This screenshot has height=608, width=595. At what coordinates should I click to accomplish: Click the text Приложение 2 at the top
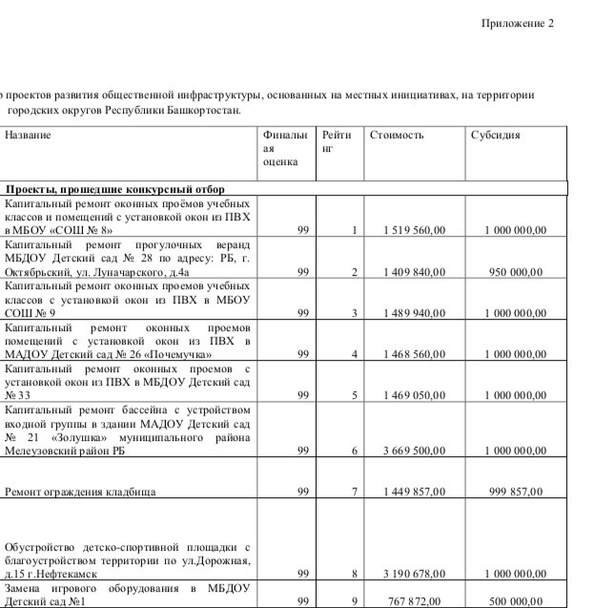517,23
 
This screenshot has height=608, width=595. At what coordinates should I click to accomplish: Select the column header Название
28,136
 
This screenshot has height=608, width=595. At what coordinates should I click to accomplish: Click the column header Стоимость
397,136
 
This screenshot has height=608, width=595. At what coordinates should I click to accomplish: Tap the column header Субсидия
496,136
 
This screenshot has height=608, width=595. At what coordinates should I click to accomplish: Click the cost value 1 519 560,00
415,231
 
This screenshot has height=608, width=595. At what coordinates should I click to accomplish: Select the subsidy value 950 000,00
516,272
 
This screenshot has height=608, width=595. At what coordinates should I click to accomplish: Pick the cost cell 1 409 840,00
415,272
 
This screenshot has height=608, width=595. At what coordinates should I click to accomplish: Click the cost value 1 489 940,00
415,313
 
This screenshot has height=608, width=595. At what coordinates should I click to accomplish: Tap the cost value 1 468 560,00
415,354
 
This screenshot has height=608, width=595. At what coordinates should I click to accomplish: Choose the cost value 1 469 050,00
415,395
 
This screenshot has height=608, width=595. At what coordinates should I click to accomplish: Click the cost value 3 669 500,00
415,451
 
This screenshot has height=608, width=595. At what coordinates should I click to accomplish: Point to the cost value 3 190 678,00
415,574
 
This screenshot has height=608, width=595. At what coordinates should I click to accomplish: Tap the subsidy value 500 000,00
516,601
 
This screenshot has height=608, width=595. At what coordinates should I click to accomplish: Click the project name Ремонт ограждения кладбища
81,493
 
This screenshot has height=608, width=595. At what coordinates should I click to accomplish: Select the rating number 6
353,451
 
